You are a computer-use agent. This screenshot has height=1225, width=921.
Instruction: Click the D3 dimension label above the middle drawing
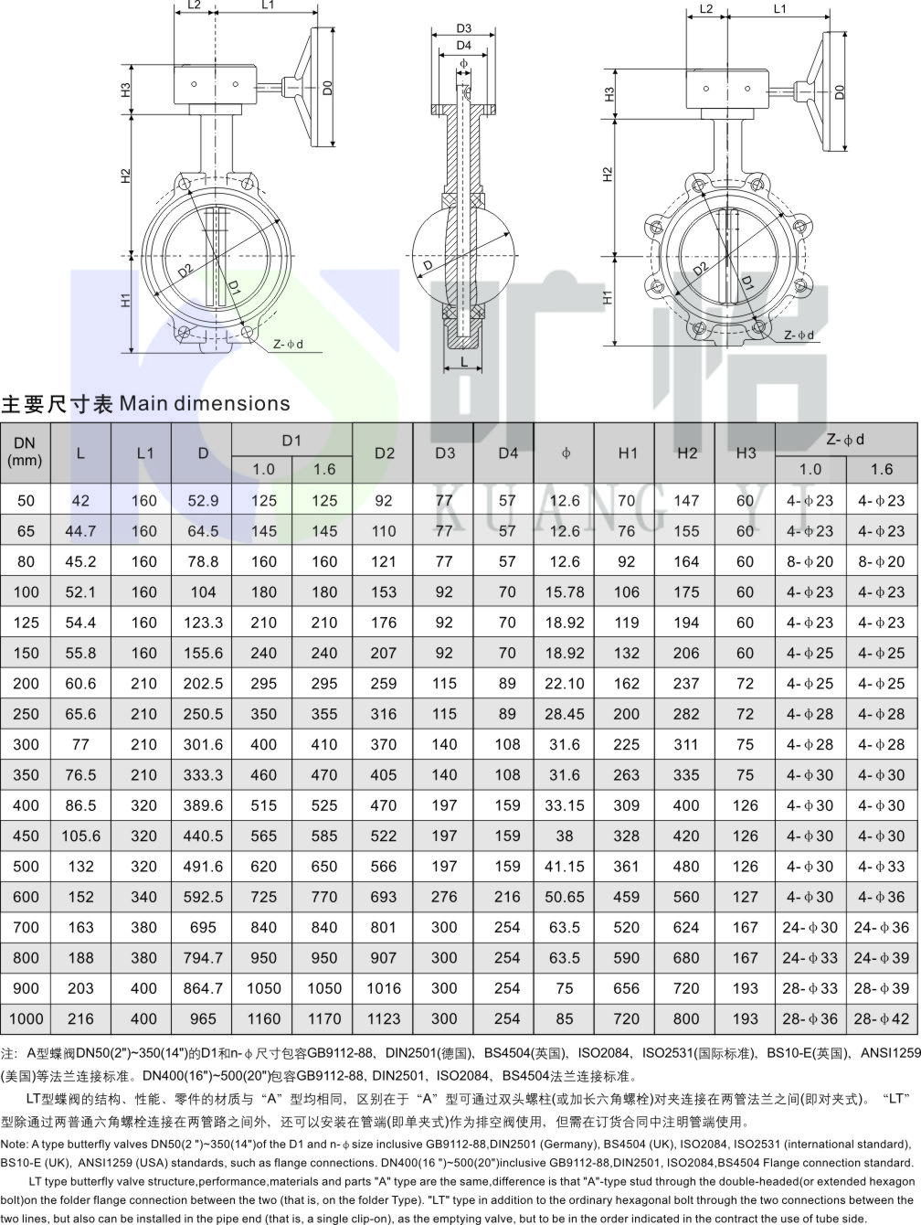(463, 28)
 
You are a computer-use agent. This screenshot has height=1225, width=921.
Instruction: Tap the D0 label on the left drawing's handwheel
(327, 88)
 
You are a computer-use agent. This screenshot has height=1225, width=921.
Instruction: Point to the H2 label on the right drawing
(608, 174)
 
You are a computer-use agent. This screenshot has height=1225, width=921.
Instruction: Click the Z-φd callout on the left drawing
(288, 345)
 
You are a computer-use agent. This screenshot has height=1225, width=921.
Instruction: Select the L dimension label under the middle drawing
(463, 362)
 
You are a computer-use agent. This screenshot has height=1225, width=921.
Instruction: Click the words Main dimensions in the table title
(205, 403)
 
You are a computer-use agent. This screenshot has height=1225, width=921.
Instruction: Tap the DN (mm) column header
(25, 452)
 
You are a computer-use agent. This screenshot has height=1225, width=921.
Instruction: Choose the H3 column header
(746, 453)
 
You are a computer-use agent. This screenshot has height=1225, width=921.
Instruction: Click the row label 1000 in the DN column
(26, 1018)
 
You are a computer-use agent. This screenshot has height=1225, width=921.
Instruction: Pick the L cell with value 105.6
(81, 836)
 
